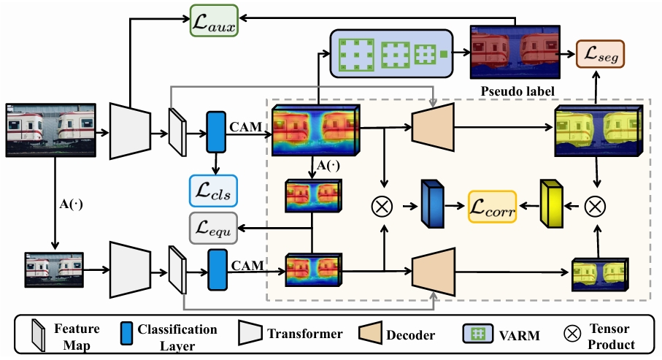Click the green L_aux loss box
(214, 20)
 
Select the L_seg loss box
(600, 53)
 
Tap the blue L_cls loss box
(213, 191)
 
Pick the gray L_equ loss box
(213, 228)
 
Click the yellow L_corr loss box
(492, 207)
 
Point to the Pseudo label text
(517, 91)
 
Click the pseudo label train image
(515, 53)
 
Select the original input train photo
(50, 130)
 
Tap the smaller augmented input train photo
(54, 269)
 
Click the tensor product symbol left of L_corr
(382, 207)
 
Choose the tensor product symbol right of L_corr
(595, 207)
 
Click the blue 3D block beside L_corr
(432, 204)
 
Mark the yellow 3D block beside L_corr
(551, 204)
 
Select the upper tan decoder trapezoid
(433, 127)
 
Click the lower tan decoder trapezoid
(434, 272)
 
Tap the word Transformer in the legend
(305, 334)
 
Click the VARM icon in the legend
(478, 334)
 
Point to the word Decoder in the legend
(410, 335)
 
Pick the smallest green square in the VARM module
(443, 53)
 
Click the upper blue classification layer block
(216, 132)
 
